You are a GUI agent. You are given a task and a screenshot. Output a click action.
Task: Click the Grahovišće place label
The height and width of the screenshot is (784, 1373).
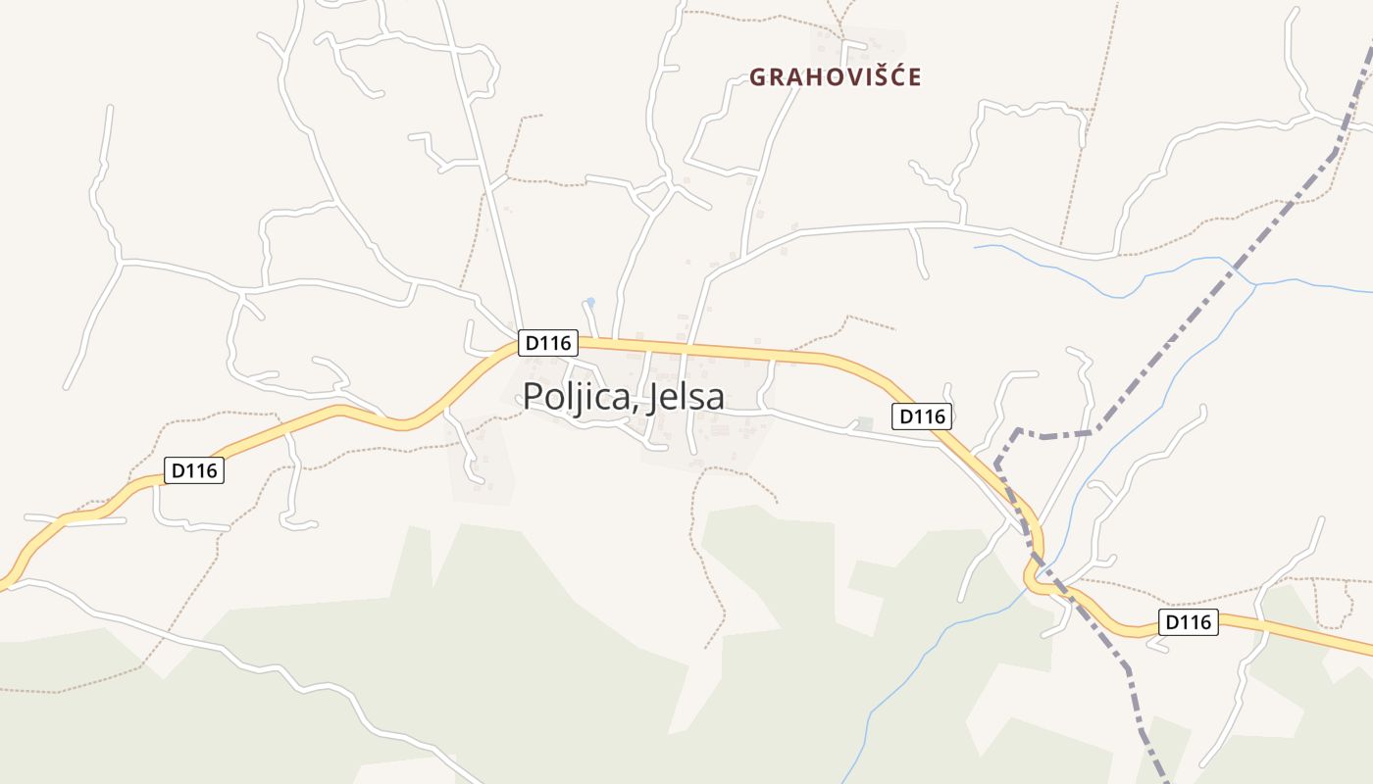coord(836,76)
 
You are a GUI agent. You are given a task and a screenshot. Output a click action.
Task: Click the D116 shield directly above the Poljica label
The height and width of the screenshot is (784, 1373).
coord(549,343)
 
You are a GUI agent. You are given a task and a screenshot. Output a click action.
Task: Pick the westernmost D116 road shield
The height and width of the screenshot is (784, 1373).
coord(194,470)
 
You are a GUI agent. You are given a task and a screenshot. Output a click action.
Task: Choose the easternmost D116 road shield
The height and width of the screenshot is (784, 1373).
coord(1189,621)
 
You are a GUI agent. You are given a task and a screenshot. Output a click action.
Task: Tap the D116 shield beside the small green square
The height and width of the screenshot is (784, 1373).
coord(922,416)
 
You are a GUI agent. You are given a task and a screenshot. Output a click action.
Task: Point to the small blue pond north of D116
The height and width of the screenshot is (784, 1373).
coord(589,302)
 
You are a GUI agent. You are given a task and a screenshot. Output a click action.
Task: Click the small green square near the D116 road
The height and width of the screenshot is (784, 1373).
coord(864,423)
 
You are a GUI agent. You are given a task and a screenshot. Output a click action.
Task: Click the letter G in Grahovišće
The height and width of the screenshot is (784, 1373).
coord(758,77)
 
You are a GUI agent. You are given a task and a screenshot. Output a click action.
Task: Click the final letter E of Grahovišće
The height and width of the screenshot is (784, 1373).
coord(914,77)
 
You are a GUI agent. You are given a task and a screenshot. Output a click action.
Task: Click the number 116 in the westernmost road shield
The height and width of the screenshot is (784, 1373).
coord(202,470)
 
